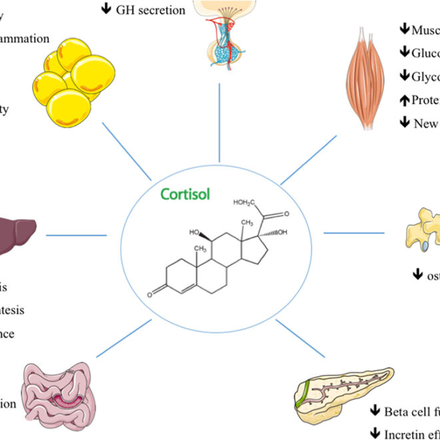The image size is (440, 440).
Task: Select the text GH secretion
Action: point(151,10)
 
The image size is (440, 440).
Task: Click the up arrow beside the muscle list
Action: point(403,101)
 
